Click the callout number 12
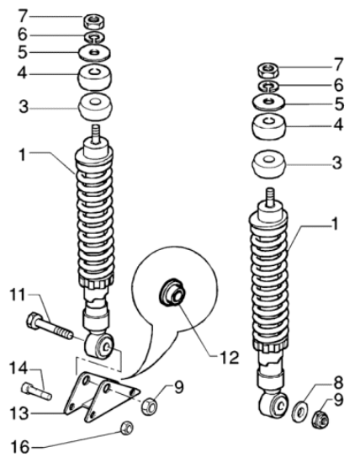[229, 358]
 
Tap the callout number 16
[20, 447]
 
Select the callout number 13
[19, 413]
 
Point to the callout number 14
[19, 369]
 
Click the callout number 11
[18, 295]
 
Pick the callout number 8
[338, 383]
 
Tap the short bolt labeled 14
[37, 391]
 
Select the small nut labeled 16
[127, 428]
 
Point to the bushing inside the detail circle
[172, 292]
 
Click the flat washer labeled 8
[299, 412]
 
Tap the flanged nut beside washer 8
[320, 419]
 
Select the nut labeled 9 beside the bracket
[149, 407]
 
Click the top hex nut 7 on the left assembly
[94, 21]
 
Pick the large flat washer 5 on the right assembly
[268, 102]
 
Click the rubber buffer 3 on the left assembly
[95, 107]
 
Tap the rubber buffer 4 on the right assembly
[269, 125]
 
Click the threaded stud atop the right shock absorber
[268, 197]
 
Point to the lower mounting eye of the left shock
[99, 346]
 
